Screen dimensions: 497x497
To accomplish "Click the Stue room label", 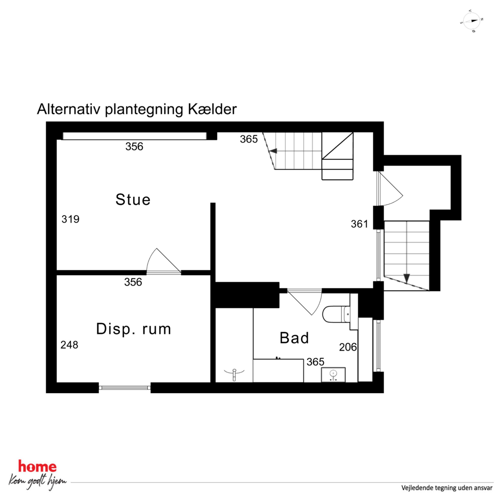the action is (x=133, y=200).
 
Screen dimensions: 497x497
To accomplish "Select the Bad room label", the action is (x=294, y=338).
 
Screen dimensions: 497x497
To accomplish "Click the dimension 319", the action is (x=70, y=219).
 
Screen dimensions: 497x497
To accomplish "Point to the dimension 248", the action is (x=69, y=345).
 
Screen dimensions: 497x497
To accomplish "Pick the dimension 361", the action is (x=359, y=224).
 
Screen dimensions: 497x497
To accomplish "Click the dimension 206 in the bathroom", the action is (x=348, y=347).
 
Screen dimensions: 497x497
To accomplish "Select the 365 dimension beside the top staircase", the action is (x=249, y=139).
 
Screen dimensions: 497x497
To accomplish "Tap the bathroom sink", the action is (x=333, y=375).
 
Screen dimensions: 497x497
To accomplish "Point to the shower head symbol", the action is (x=234, y=374).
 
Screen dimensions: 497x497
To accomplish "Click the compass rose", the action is (x=471, y=21).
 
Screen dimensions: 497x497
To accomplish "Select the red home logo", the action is (x=37, y=467).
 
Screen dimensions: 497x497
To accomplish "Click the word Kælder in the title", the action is (x=212, y=109).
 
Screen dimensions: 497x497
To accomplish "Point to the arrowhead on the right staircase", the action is (x=407, y=278).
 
